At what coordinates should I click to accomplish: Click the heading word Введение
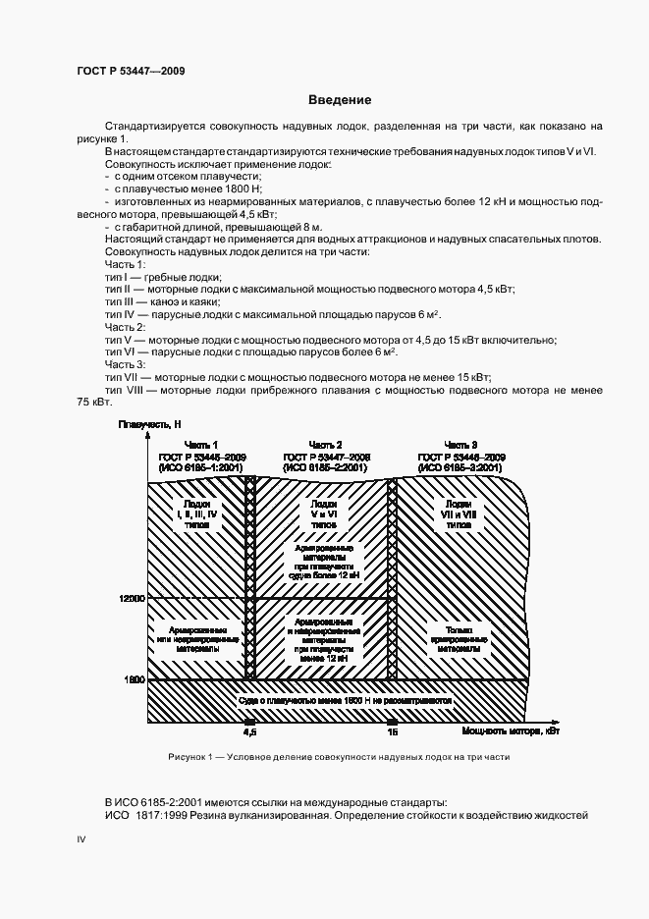(339, 100)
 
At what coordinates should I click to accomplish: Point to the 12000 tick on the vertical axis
(132, 598)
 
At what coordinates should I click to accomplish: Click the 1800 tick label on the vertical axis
(135, 678)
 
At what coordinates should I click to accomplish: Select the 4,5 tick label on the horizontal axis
(248, 732)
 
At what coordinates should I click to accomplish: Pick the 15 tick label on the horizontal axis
(392, 732)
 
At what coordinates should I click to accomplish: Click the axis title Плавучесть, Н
(149, 424)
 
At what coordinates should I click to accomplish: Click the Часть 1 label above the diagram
(194, 445)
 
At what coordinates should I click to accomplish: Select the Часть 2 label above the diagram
(325, 445)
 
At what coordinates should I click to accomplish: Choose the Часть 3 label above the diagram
(460, 445)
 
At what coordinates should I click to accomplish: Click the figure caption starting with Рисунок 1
(339, 758)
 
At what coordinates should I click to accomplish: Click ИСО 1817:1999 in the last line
(145, 816)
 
